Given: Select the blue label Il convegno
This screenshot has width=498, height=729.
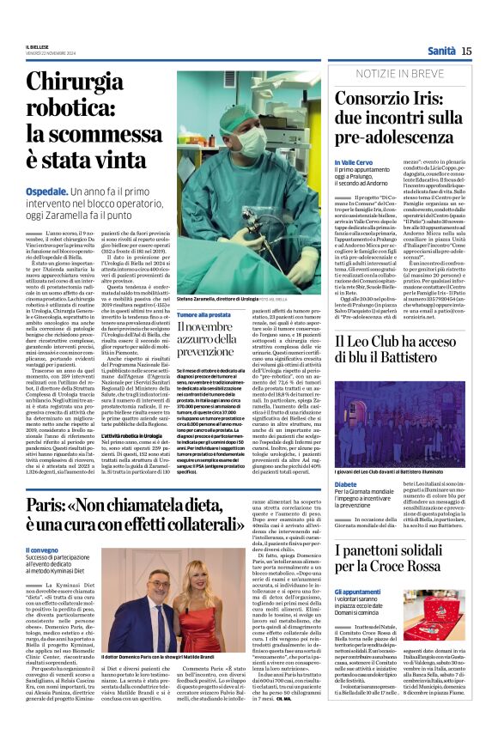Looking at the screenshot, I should coord(42,550).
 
